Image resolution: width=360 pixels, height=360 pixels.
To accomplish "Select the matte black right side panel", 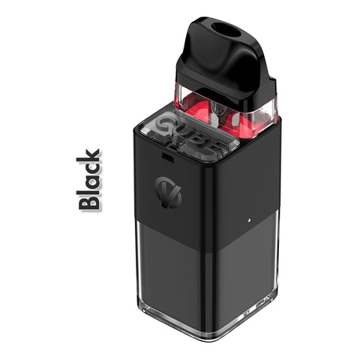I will [x=247, y=187].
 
